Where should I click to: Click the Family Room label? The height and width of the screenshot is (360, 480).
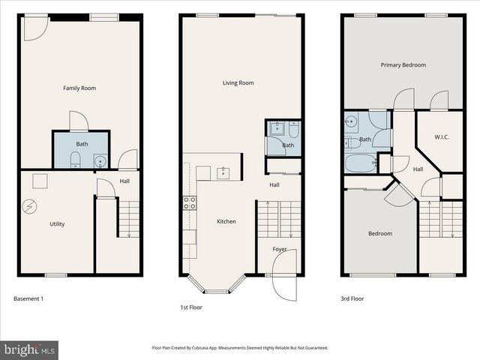[79, 88]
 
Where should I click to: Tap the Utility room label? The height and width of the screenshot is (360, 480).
[57, 224]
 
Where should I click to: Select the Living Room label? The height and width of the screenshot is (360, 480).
[238, 83]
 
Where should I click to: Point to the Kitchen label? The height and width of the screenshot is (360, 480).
[226, 221]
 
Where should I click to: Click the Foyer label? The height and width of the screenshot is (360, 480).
[280, 249]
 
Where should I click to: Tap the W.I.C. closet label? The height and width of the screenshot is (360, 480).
[441, 137]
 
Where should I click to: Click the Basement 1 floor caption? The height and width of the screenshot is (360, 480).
[28, 299]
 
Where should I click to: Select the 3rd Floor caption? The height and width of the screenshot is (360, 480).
[352, 299]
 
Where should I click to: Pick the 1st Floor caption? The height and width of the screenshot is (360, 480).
[190, 307]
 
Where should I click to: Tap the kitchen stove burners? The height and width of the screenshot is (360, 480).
[190, 202]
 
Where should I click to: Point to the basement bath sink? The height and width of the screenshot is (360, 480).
[100, 160]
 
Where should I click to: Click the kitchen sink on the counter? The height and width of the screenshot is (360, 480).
[223, 174]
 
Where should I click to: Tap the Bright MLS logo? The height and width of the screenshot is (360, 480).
[30, 349]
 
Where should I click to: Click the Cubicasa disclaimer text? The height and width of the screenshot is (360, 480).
[239, 348]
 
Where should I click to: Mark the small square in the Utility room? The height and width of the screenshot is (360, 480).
[40, 180]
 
